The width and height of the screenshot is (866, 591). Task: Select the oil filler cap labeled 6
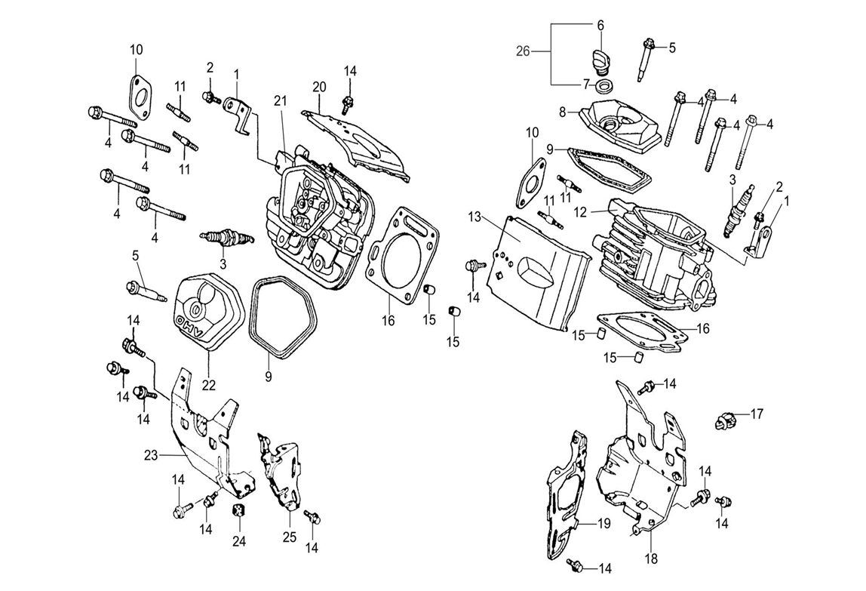point(600,57)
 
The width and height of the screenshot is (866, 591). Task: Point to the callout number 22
point(208,385)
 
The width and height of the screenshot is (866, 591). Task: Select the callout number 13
point(474,217)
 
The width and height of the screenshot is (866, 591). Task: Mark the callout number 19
point(603,523)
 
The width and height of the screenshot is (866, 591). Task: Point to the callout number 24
point(239,540)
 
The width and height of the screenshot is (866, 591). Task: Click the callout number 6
point(600,25)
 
